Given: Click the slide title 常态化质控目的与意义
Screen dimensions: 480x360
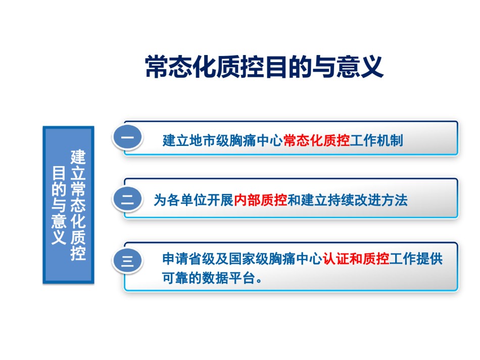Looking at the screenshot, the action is (x=264, y=67).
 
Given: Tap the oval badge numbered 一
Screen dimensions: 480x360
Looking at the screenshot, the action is (x=128, y=137).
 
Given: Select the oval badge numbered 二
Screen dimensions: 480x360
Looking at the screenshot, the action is (x=128, y=199).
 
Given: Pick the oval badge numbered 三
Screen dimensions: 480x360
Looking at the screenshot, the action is (x=128, y=261).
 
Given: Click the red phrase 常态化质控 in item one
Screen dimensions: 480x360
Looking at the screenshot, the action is (x=316, y=140).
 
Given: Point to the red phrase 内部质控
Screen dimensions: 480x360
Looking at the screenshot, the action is (x=261, y=200).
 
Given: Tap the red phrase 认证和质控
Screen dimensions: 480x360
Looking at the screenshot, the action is (x=356, y=259).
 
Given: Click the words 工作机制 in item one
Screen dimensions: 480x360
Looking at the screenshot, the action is (x=376, y=140).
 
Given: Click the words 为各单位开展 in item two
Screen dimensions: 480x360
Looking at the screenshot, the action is (x=194, y=200).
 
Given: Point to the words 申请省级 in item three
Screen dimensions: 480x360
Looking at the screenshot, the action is (x=189, y=259).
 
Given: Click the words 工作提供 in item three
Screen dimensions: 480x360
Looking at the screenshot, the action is (x=416, y=259).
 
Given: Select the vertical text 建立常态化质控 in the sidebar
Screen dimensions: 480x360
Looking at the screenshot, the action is (x=78, y=204).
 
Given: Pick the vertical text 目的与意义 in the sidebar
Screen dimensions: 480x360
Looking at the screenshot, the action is (x=59, y=205).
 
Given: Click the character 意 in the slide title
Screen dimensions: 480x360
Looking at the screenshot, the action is (x=348, y=67).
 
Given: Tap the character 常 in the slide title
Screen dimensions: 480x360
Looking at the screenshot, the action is (x=157, y=67).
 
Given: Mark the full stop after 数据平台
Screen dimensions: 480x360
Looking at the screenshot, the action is (x=259, y=281).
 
